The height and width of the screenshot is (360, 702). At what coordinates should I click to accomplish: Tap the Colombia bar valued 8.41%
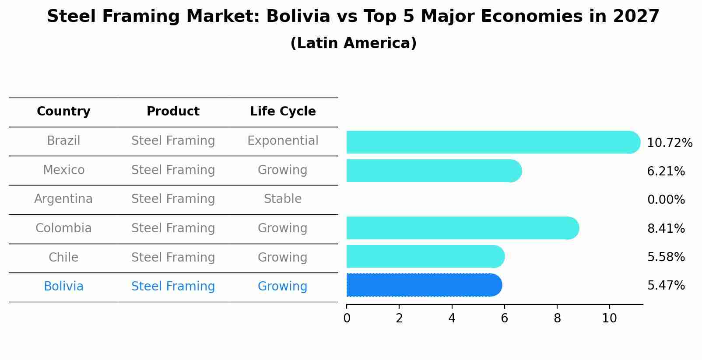click(462, 228)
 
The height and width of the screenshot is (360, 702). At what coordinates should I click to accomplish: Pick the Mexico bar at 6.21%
click(433, 171)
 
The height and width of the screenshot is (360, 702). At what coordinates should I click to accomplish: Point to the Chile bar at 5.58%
click(425, 256)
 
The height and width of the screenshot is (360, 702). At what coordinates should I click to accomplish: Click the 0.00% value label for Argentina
click(666, 200)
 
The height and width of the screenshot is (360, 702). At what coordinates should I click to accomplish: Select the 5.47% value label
click(666, 286)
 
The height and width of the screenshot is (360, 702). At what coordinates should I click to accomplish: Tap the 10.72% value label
click(669, 143)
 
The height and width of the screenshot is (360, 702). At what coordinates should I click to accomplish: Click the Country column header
click(63, 112)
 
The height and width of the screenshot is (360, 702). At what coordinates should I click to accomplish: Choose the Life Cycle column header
click(283, 112)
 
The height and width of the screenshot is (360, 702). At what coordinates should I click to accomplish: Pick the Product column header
click(173, 112)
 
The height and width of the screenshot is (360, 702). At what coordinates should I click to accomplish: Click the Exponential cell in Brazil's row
click(283, 141)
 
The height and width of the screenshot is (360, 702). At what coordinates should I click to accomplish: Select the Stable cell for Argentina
click(283, 199)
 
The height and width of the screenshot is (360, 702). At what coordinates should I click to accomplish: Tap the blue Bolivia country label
click(63, 287)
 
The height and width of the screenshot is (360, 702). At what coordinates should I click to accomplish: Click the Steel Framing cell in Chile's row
click(173, 257)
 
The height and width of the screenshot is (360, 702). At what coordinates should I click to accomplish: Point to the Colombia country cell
click(63, 228)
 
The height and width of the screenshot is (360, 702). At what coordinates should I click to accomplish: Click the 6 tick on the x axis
click(504, 318)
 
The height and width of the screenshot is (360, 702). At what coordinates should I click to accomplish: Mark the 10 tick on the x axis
click(609, 318)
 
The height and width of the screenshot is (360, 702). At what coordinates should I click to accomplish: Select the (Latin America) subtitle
click(353, 43)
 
